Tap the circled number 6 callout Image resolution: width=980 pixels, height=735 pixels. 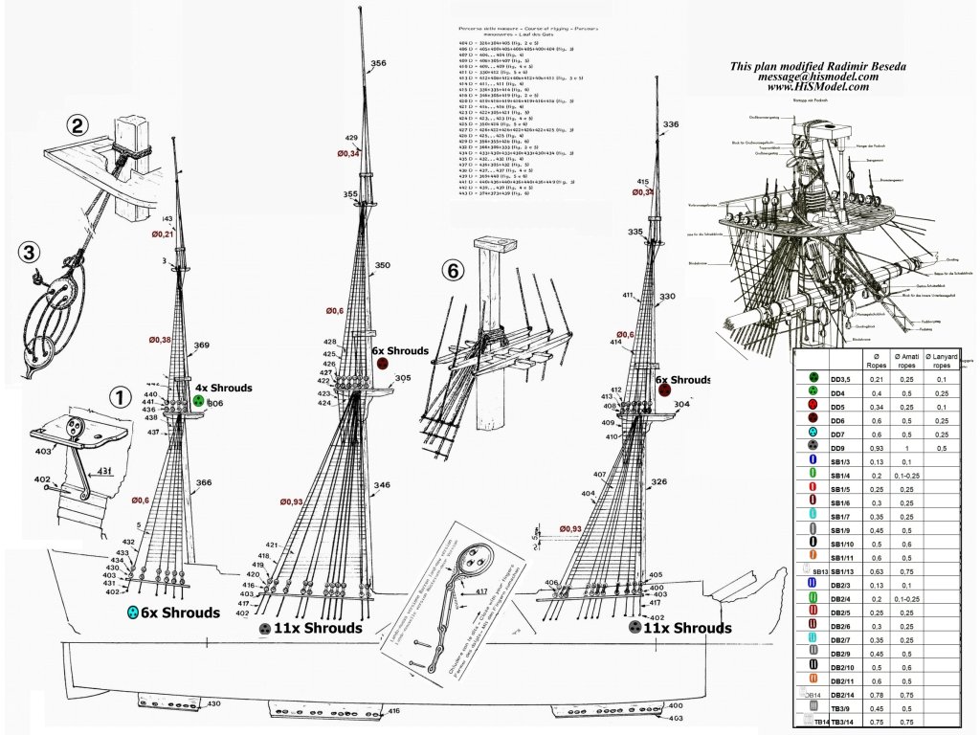454,271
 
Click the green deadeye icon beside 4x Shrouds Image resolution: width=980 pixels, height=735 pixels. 198,402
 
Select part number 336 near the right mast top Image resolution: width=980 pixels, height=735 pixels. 670,124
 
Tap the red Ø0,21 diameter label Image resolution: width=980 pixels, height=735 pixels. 162,234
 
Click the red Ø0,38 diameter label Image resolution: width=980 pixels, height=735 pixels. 159,340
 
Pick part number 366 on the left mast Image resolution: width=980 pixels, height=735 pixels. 203,483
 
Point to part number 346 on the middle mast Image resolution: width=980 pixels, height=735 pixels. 383,486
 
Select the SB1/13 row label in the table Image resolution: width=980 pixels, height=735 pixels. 842,571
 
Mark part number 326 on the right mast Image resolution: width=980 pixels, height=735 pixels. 659,482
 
